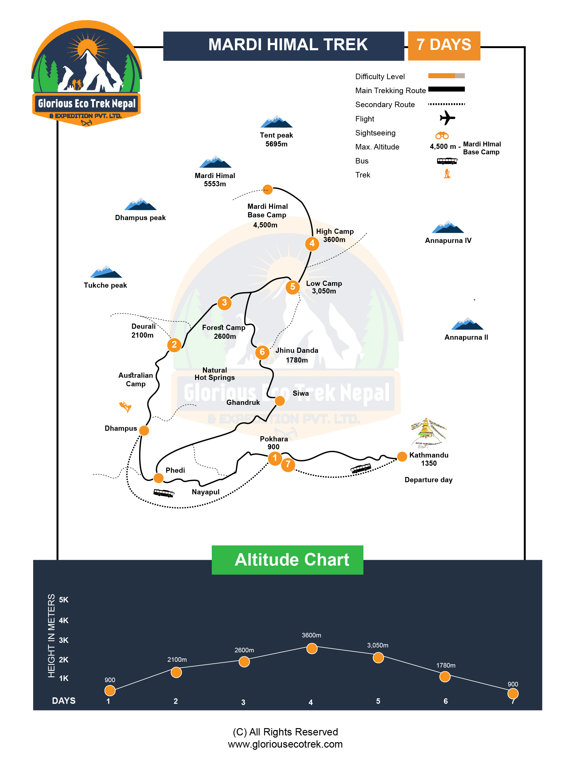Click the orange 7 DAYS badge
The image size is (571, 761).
(444, 45)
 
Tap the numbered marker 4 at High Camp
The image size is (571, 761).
(312, 244)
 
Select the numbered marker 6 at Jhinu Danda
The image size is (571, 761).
(262, 352)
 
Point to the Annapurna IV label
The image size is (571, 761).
(448, 240)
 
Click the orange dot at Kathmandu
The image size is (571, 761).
(402, 457)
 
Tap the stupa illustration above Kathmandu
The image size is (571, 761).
(428, 433)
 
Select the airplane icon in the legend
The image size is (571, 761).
(447, 118)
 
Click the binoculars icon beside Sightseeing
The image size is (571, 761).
(442, 135)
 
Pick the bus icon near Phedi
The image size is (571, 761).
(164, 493)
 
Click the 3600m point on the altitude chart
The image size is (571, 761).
(312, 648)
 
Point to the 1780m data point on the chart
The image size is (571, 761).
(445, 677)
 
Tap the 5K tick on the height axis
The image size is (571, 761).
(64, 600)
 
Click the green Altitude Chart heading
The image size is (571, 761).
(287, 560)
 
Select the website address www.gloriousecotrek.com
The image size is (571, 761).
(285, 744)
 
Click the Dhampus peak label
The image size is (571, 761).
(140, 218)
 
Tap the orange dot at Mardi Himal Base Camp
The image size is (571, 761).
(267, 189)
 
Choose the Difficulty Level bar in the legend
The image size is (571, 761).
(446, 76)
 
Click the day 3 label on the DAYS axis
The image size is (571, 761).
(243, 702)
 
